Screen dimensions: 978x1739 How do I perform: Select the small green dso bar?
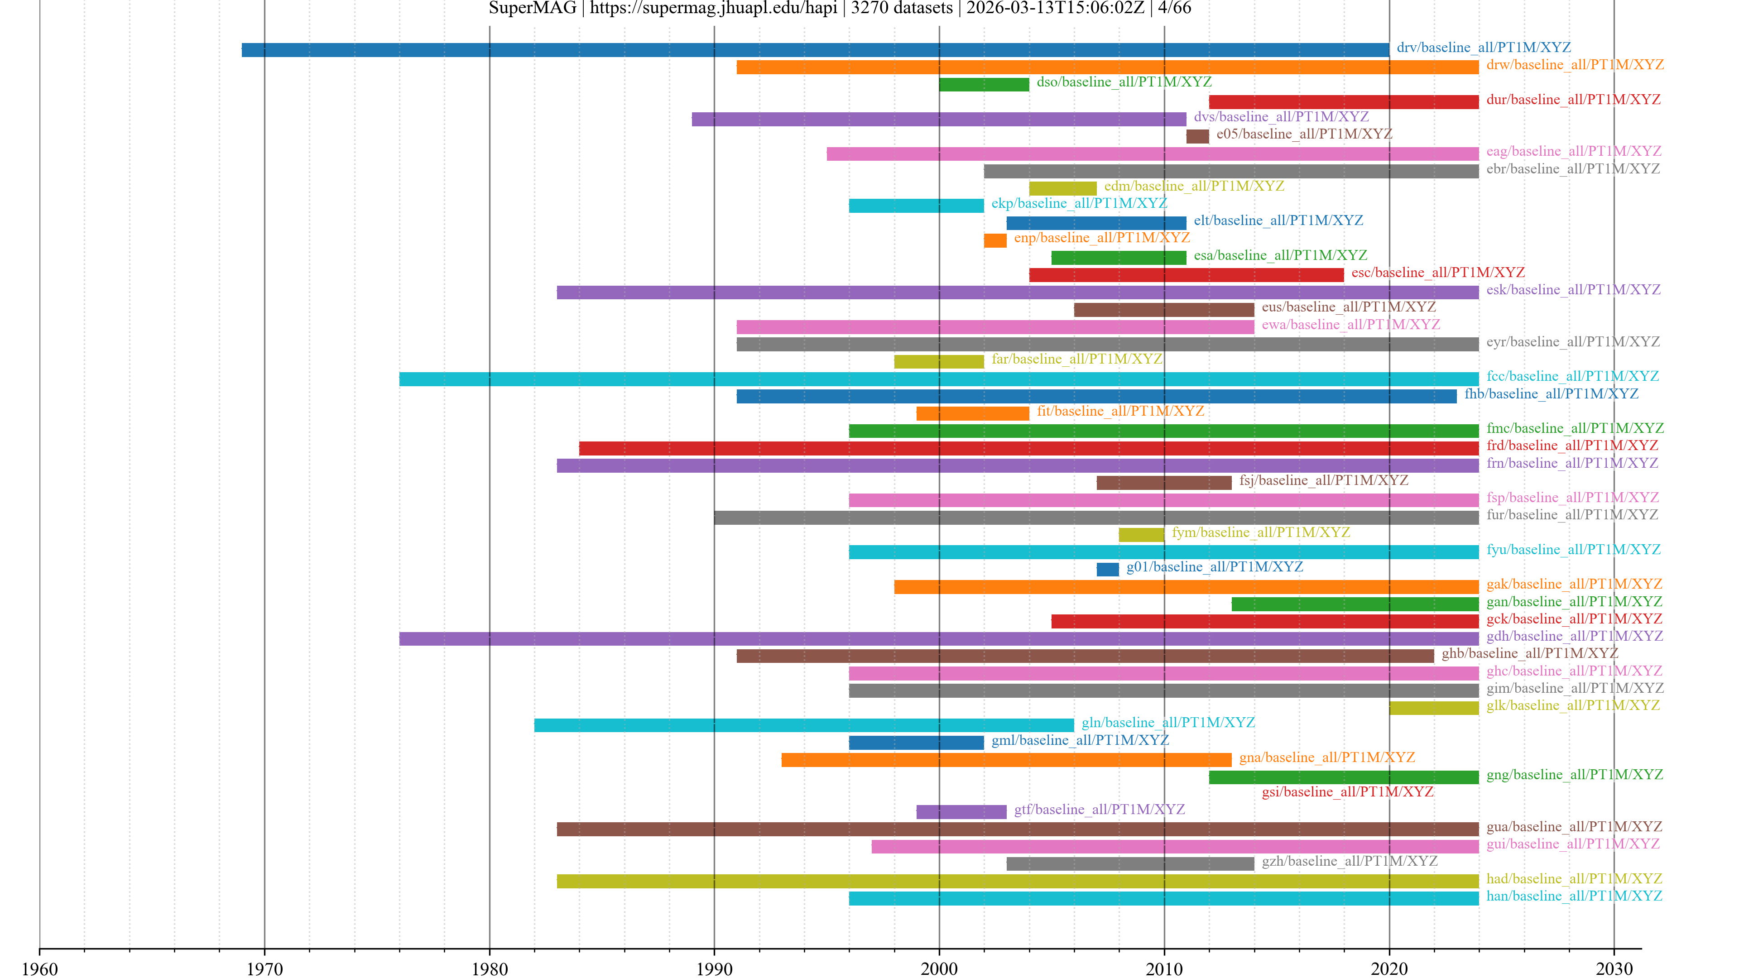[984, 84]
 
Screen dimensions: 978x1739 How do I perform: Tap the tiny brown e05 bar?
[1197, 136]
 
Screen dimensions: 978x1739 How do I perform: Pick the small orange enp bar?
[994, 240]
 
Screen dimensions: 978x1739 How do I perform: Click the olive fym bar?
[1141, 535]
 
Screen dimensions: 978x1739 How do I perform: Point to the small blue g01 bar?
[1107, 570]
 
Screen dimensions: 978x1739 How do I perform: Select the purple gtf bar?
[961, 812]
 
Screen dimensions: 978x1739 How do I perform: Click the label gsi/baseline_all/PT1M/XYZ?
[1347, 792]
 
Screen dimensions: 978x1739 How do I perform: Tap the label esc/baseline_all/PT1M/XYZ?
[1438, 273]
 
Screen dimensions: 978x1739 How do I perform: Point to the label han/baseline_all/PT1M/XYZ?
[1574, 896]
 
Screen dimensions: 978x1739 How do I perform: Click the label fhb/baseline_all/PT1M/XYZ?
[1551, 393]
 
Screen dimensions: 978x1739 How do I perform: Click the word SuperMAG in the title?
[532, 8]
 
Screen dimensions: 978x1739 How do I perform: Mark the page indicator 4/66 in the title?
[1175, 8]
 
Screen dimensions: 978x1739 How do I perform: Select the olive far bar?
[938, 362]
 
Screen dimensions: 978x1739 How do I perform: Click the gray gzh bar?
[1129, 864]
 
